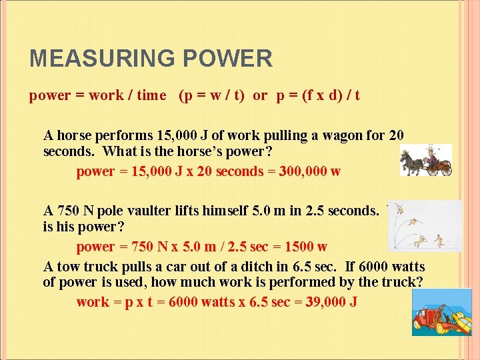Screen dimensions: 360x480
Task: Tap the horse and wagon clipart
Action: pyautogui.click(x=426, y=161)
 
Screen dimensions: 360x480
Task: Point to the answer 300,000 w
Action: pyautogui.click(x=303, y=171)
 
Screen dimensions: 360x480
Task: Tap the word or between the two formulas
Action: pyautogui.click(x=260, y=95)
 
